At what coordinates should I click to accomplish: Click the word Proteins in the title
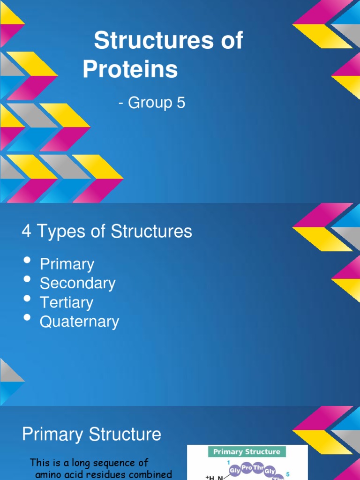pyautogui.click(x=130, y=69)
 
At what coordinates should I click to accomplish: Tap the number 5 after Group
pyautogui.click(x=180, y=103)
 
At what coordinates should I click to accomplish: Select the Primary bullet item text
pyautogui.click(x=67, y=264)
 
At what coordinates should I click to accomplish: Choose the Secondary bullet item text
pyautogui.click(x=77, y=283)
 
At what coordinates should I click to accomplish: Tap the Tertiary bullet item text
pyautogui.click(x=66, y=302)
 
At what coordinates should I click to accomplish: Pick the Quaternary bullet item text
pyautogui.click(x=79, y=322)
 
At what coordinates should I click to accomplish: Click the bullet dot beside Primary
pyautogui.click(x=27, y=261)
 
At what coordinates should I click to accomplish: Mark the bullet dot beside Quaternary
pyautogui.click(x=27, y=318)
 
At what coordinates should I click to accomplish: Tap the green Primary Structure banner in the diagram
pyautogui.click(x=247, y=452)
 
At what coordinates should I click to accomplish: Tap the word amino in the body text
pyautogui.click(x=48, y=474)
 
